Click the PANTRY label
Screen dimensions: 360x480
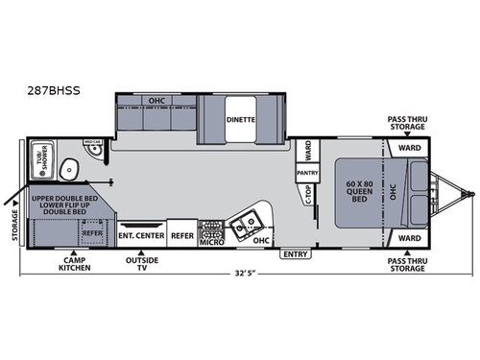pyautogui.click(x=307, y=173)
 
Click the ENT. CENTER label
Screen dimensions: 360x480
pyautogui.click(x=141, y=234)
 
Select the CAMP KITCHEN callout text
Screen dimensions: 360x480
pyautogui.click(x=72, y=265)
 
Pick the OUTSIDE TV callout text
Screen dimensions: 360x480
pyautogui.click(x=142, y=265)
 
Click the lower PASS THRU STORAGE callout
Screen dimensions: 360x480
pyautogui.click(x=408, y=265)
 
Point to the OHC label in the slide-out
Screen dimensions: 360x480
pyautogui.click(x=156, y=100)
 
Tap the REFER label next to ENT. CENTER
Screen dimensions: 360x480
pyautogui.click(x=181, y=234)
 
